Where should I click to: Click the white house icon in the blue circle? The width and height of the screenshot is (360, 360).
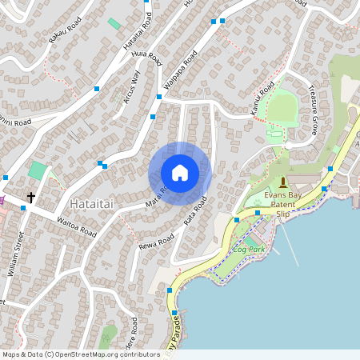(180, 173)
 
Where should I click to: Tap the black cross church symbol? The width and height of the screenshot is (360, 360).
(32, 196)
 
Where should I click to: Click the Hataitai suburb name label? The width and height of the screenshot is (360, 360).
(91, 205)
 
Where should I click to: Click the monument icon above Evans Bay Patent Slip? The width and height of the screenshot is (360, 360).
(282, 183)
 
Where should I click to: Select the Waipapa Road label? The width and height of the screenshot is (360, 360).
(180, 71)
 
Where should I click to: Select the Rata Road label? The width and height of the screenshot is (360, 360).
(196, 210)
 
